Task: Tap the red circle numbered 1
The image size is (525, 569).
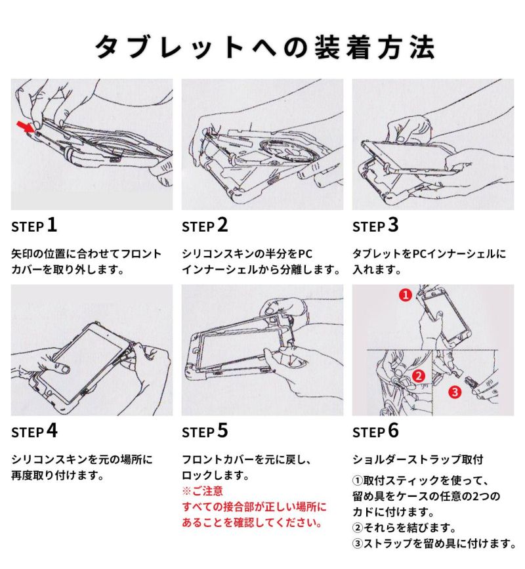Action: click(x=406, y=295)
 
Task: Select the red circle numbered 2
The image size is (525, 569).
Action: click(x=419, y=376)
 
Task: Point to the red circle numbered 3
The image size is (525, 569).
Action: click(x=455, y=392)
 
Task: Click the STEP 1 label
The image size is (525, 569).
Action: click(x=34, y=225)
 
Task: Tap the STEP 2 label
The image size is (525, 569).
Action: click(x=205, y=225)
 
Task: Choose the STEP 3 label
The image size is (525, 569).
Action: click(x=375, y=225)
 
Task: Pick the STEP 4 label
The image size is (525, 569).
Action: click(x=35, y=431)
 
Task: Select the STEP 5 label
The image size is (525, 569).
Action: click(x=205, y=431)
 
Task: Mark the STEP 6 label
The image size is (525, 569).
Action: click(x=375, y=431)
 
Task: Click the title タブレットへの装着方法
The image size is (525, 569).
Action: click(x=265, y=47)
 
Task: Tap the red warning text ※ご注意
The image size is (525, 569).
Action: click(x=203, y=491)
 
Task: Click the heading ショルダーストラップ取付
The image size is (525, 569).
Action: click(x=418, y=459)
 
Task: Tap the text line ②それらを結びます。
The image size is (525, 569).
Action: click(x=404, y=527)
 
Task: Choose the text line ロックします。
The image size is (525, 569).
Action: click(x=215, y=475)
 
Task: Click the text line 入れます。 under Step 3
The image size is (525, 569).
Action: click(x=377, y=270)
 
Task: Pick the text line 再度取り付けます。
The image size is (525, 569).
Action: click(x=58, y=475)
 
